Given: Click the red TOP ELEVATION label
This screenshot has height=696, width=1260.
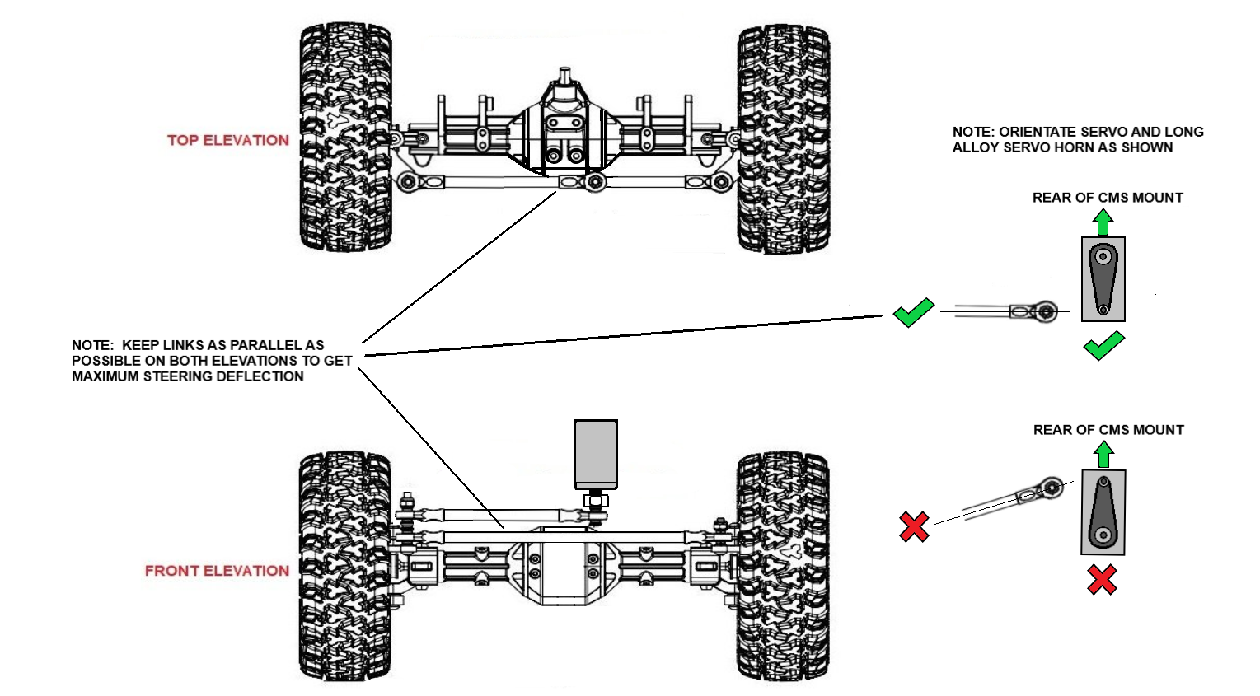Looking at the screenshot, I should click(228, 141).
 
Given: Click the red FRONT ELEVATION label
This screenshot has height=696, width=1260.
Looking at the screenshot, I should click(217, 571).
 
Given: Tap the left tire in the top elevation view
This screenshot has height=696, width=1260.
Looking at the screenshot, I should click(344, 137).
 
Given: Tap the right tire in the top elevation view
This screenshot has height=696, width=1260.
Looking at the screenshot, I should click(782, 138).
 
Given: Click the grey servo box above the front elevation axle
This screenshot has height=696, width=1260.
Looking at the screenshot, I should click(595, 454).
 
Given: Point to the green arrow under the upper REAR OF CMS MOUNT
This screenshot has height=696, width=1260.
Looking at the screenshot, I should click(1103, 222).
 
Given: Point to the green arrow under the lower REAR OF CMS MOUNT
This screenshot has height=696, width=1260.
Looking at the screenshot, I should click(1103, 455).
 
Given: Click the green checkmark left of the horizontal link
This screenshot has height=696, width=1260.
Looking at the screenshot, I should click(913, 312).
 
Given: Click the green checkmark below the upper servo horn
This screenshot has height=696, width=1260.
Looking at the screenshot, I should click(1103, 345).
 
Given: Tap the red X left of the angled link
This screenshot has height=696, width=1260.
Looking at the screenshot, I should click(914, 526).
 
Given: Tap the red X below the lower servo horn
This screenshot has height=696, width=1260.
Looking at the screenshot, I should click(1102, 579).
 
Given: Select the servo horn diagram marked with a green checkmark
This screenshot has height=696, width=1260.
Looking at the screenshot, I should click(1103, 279).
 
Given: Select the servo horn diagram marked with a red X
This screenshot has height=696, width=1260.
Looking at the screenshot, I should click(1103, 512).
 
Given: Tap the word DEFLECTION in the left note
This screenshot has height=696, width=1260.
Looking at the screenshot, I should click(265, 376).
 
